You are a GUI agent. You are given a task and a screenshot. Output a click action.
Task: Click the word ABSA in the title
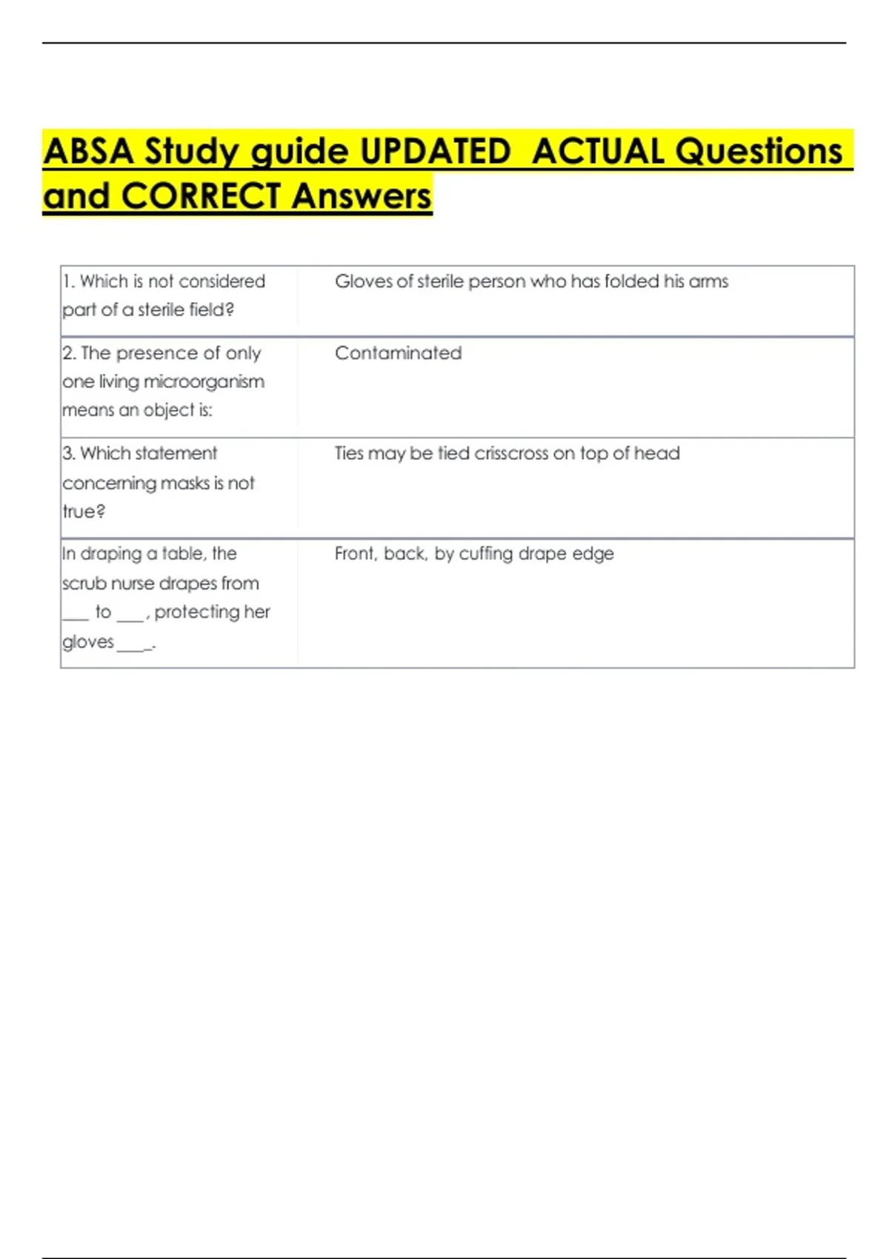89,151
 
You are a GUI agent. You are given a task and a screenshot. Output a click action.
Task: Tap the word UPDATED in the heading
436,151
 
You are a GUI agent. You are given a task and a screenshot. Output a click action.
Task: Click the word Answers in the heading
361,196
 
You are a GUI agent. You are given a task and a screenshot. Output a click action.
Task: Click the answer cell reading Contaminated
398,353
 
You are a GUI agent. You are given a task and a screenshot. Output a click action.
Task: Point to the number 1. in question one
69,281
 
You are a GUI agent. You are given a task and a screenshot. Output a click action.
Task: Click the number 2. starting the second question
70,353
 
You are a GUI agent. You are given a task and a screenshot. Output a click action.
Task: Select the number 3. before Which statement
70,453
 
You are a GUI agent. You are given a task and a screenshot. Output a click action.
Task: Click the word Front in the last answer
355,554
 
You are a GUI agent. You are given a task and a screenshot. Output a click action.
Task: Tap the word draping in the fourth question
110,554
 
